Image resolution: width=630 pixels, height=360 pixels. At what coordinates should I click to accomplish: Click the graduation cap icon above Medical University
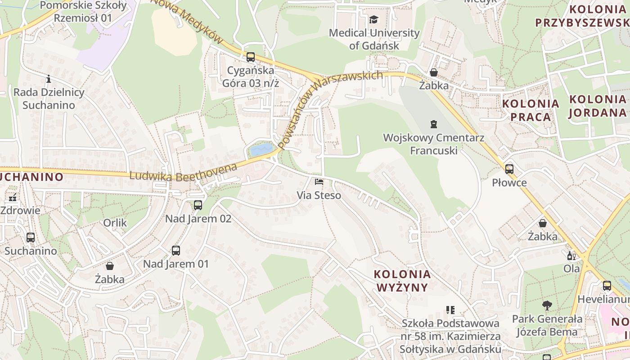[373, 19]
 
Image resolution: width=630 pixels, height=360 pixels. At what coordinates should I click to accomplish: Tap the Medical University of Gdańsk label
[374, 39]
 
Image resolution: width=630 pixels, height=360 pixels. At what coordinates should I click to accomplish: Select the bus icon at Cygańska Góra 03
[251, 57]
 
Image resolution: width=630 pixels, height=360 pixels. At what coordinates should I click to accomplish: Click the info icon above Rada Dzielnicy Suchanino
[49, 79]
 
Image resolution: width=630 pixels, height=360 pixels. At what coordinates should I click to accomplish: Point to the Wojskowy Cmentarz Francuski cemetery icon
[433, 124]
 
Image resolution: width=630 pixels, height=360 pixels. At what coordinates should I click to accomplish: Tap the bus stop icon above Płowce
[509, 169]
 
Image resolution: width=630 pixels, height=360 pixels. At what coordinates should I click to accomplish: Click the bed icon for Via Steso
[319, 182]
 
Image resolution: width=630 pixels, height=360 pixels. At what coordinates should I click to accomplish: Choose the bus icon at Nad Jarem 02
[198, 205]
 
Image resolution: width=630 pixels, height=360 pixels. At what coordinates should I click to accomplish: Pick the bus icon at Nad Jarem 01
[176, 251]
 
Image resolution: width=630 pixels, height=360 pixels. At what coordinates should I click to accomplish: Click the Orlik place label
[115, 223]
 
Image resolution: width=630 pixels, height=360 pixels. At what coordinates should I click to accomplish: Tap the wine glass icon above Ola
[571, 256]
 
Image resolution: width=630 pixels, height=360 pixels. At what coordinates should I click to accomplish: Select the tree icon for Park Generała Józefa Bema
[547, 306]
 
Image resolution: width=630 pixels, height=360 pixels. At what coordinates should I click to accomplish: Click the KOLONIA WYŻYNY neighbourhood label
[402, 280]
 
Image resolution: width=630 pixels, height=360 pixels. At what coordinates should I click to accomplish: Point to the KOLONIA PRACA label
[531, 110]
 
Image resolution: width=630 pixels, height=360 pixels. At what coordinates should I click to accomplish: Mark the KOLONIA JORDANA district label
[598, 106]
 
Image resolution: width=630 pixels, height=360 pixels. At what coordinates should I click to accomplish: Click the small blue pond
[261, 149]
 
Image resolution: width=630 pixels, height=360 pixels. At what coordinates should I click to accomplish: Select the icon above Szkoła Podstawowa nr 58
[450, 310]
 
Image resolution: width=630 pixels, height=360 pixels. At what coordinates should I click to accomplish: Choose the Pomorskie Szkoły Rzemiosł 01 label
[84, 12]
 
